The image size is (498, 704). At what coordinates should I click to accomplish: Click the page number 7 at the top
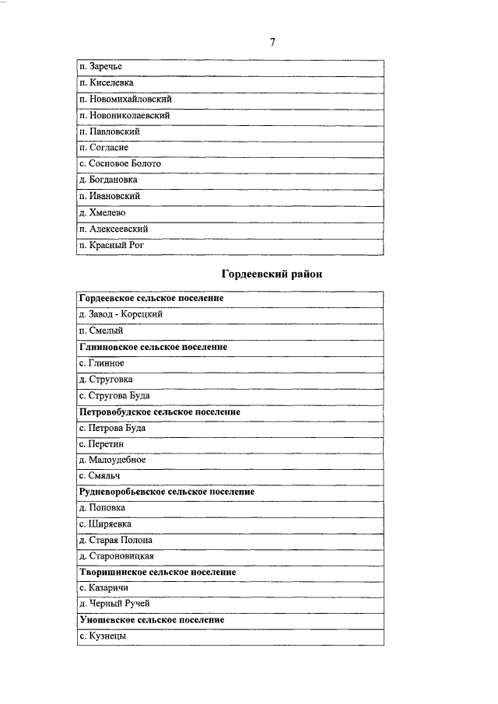click(272, 42)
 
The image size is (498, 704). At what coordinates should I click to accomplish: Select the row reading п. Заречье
click(101, 66)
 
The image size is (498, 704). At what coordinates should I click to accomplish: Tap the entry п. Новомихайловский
click(125, 99)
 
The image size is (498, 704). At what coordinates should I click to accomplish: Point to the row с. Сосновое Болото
click(121, 164)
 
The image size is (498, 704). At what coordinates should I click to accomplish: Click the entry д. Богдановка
click(109, 180)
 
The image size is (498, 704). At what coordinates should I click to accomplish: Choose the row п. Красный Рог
click(112, 245)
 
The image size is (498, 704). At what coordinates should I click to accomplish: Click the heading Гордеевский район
click(272, 274)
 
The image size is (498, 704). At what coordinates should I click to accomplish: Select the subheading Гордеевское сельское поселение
click(152, 299)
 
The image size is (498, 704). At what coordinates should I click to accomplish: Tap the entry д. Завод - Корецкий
click(121, 314)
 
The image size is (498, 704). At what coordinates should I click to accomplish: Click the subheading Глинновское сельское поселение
click(153, 347)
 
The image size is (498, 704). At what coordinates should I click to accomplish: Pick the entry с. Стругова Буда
click(114, 395)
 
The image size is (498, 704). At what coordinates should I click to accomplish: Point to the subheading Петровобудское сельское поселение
click(160, 412)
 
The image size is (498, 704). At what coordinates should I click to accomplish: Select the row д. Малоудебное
click(112, 460)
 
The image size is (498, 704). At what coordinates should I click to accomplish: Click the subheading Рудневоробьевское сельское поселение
click(167, 492)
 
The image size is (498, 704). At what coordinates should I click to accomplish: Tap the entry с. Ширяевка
click(105, 524)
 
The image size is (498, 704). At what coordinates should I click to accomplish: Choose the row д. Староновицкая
click(117, 556)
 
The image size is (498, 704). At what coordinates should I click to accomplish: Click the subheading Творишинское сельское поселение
click(158, 572)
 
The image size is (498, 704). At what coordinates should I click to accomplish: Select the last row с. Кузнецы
click(103, 636)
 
